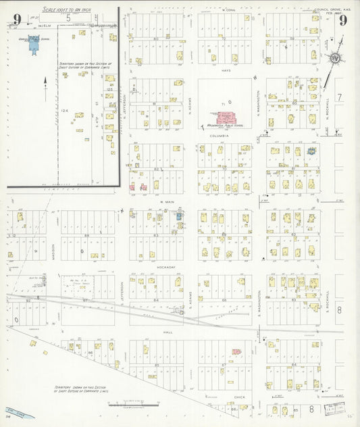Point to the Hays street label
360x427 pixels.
[x=226, y=70]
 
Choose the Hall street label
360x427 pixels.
[x=168, y=332]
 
